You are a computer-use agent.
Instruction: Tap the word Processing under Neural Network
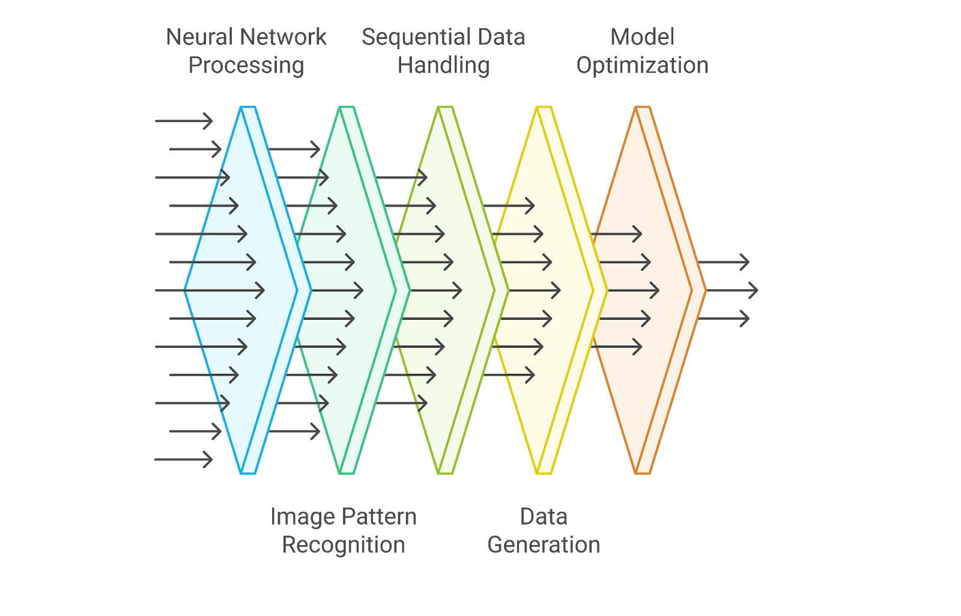(x=246, y=66)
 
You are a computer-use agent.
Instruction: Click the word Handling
(x=443, y=66)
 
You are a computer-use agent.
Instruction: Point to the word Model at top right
(x=642, y=37)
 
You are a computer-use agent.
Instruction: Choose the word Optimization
(x=642, y=66)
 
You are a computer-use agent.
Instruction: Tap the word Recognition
(x=343, y=545)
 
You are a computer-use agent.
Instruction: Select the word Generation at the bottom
(x=543, y=545)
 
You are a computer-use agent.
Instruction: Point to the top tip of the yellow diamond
(x=544, y=108)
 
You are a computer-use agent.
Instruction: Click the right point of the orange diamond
(x=705, y=291)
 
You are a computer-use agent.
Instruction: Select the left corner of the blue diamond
(x=185, y=291)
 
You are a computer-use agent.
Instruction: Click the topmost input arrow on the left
(x=183, y=121)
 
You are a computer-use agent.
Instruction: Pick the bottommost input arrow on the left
(x=183, y=460)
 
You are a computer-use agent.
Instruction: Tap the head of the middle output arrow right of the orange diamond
(x=756, y=291)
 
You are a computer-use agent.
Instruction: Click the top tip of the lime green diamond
(x=445, y=108)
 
